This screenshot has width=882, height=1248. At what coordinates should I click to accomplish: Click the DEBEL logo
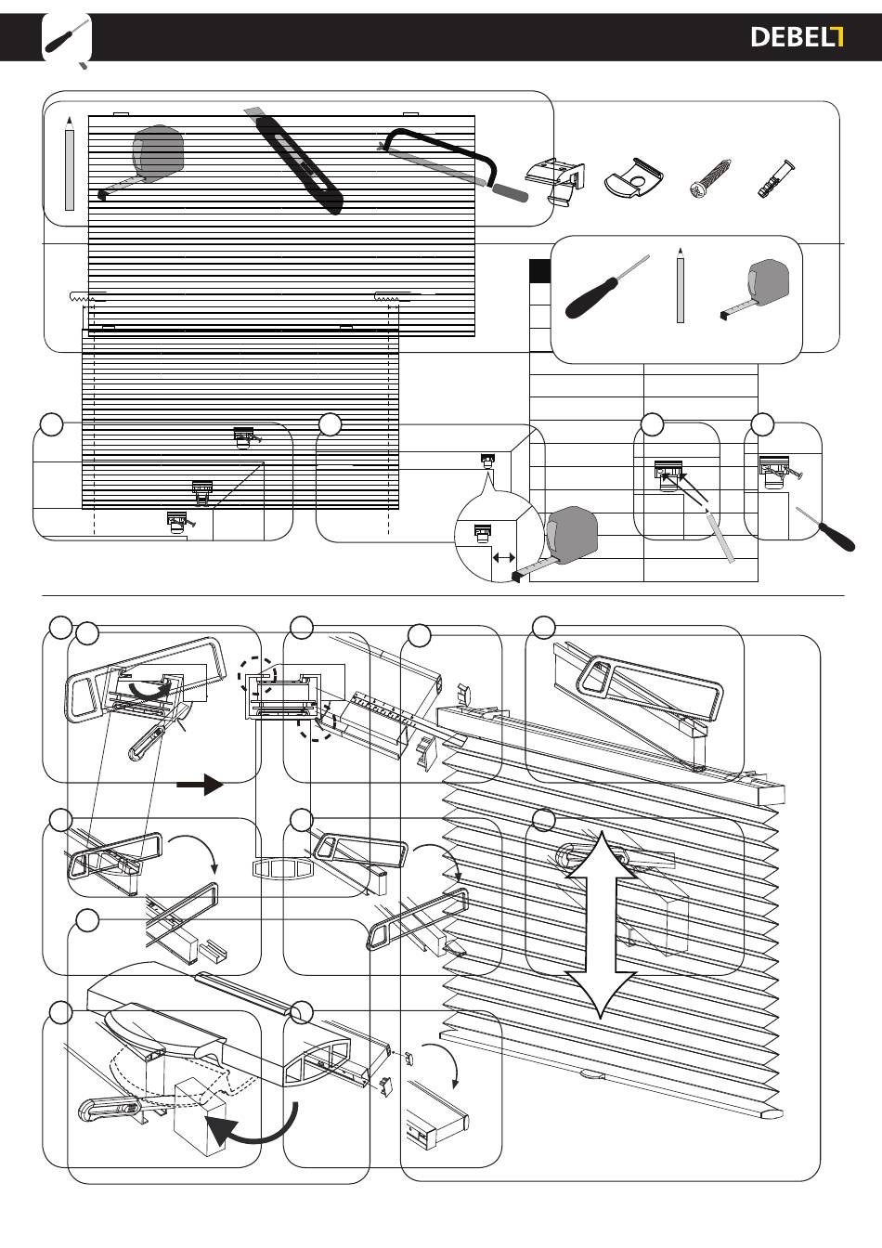797,37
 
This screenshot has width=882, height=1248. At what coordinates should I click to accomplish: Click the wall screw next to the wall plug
711,178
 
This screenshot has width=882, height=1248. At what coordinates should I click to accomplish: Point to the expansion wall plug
775,178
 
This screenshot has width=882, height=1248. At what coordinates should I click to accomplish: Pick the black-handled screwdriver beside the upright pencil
606,288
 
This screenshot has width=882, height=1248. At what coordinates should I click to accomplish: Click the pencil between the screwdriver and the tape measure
680,285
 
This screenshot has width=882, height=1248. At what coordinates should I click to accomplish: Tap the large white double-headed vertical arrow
602,924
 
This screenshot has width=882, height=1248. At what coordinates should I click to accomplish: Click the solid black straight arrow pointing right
200,785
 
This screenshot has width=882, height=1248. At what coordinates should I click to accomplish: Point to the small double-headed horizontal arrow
504,557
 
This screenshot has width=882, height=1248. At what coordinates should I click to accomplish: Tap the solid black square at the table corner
539,271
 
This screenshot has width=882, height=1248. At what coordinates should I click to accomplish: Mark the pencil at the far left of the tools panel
69,163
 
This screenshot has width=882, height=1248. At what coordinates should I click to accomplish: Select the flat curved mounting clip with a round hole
634,177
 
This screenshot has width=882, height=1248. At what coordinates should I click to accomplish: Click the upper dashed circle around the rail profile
256,676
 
